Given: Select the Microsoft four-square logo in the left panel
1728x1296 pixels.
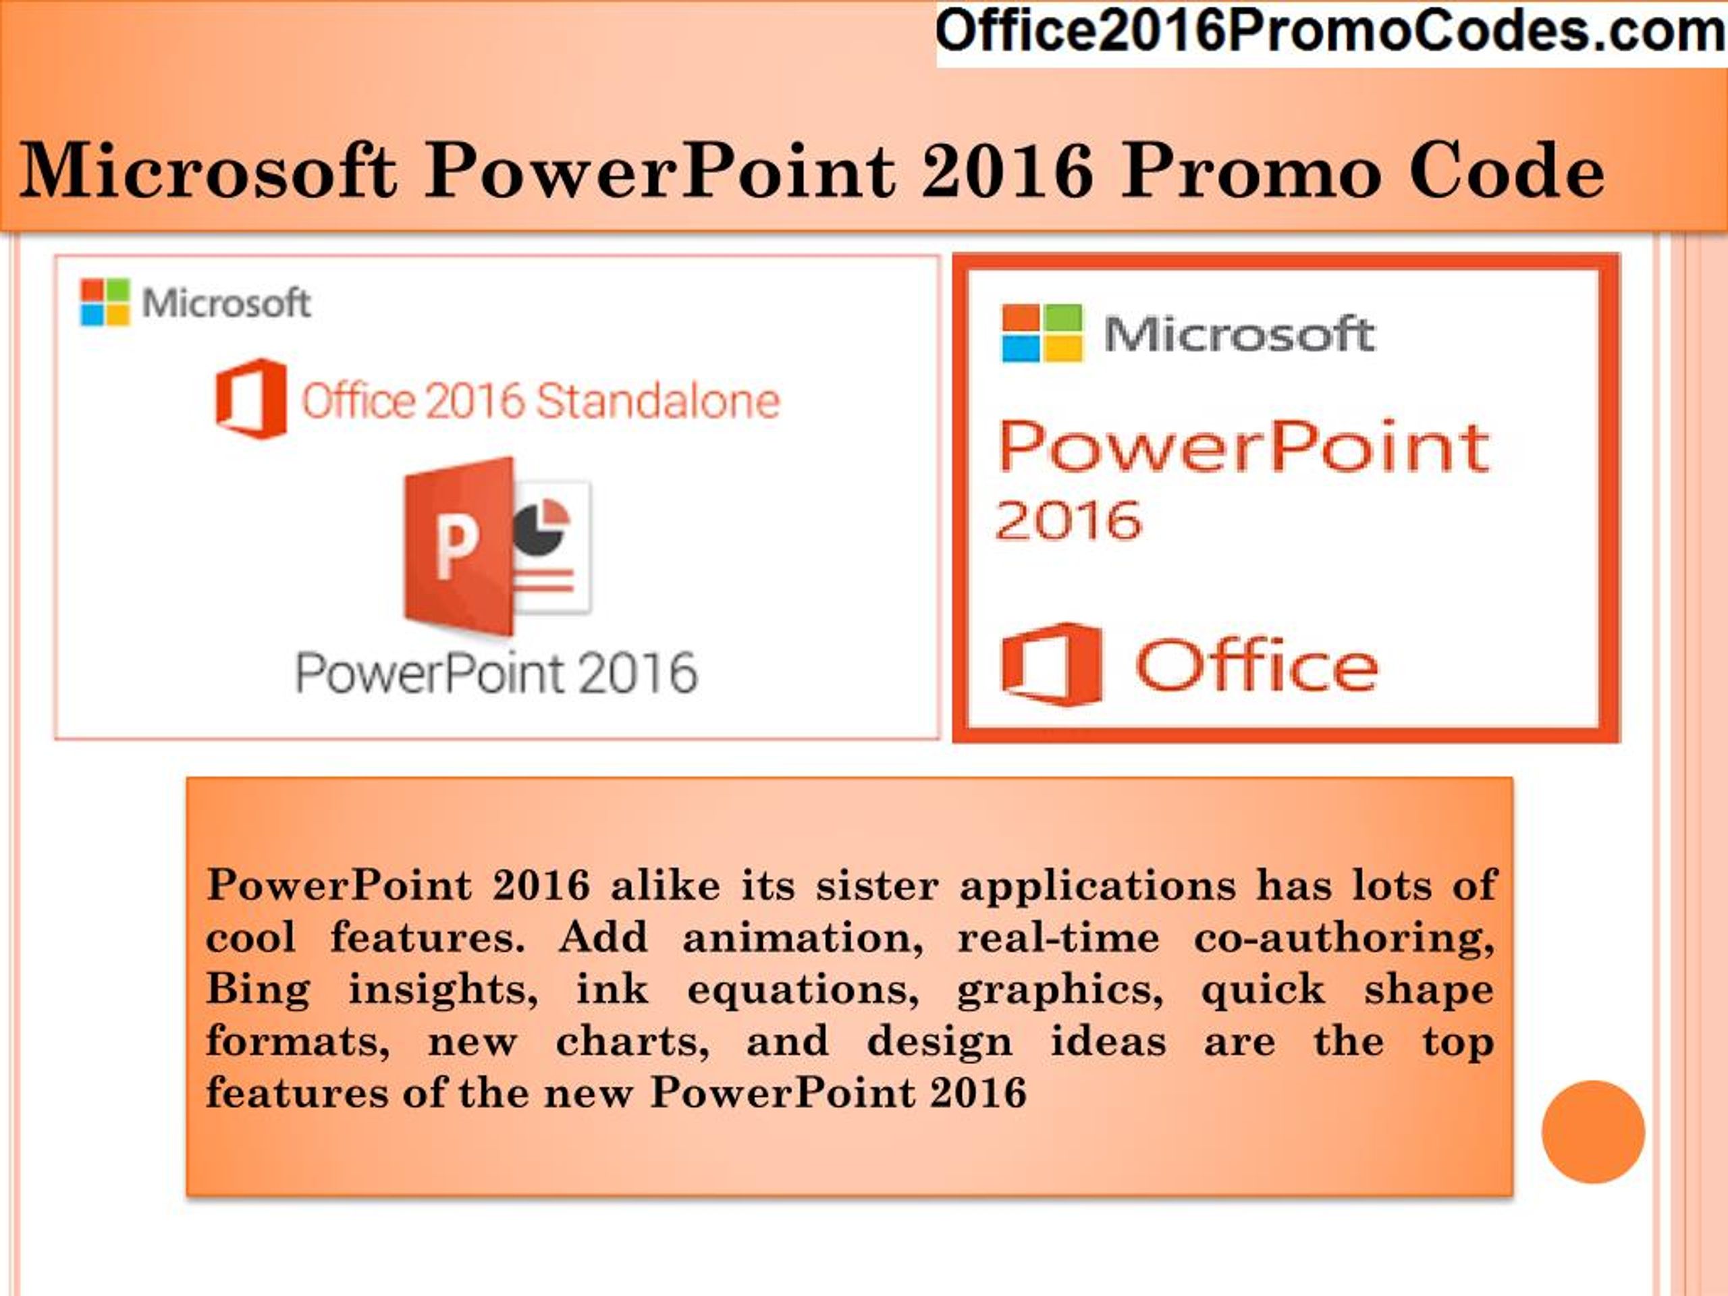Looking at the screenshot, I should click(x=105, y=302).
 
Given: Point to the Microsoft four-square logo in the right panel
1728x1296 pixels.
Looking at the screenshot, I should click(x=1042, y=333).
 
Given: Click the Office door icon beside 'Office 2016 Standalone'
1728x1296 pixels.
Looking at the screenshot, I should click(x=251, y=398).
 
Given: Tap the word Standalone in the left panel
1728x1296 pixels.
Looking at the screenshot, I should click(x=657, y=401).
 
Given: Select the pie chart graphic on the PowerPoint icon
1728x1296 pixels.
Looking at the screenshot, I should click(x=541, y=526).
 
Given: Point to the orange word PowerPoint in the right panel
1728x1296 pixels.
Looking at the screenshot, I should click(x=1243, y=447).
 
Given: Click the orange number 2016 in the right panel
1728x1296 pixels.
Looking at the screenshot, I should click(x=1069, y=521).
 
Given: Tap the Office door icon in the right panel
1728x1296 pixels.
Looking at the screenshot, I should click(x=1052, y=665).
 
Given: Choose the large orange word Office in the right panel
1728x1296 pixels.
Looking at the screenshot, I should click(x=1256, y=666).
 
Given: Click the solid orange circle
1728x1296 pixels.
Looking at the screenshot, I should click(x=1593, y=1132).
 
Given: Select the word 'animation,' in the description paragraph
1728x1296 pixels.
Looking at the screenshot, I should click(x=803, y=938).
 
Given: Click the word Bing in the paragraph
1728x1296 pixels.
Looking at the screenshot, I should click(x=258, y=990).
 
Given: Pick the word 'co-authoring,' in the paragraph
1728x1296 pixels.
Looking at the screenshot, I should click(x=1344, y=938).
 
